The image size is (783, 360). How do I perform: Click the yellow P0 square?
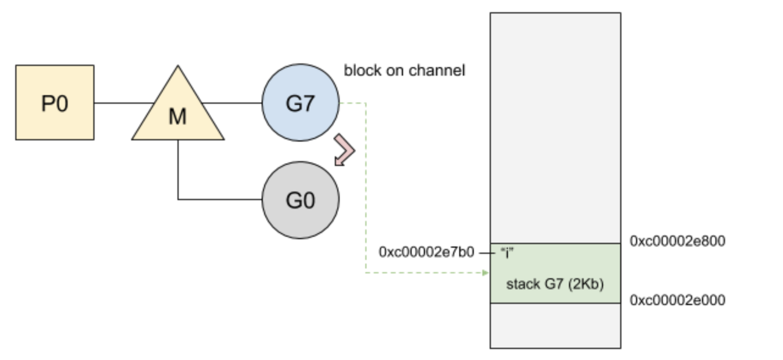click(55, 103)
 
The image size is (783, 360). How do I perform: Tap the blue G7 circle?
click(300, 103)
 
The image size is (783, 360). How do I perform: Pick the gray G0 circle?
click(300, 200)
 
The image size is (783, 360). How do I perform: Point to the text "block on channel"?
click(404, 70)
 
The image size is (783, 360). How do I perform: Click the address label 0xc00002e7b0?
click(426, 252)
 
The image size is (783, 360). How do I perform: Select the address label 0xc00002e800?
click(678, 241)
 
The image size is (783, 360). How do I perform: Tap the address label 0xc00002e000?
click(678, 300)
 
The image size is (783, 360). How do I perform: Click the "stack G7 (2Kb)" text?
click(555, 283)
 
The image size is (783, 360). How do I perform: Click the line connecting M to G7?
click(232, 103)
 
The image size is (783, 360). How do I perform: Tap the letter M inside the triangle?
click(177, 117)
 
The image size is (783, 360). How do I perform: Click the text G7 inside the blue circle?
click(300, 104)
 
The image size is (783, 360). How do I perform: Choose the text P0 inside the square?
click(55, 104)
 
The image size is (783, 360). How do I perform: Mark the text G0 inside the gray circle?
click(300, 200)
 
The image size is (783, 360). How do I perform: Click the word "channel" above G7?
click(438, 70)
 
